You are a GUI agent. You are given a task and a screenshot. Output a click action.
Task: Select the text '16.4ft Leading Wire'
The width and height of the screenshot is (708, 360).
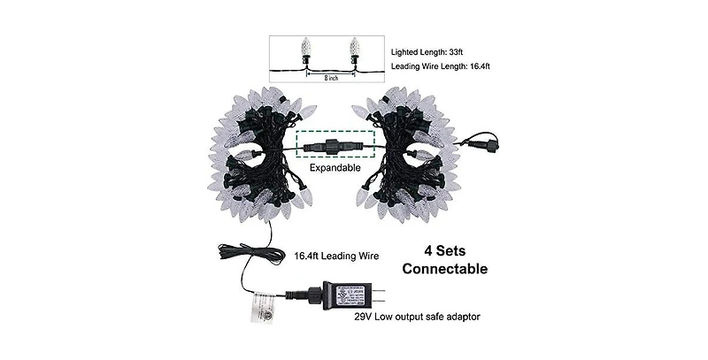[x=337, y=256]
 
